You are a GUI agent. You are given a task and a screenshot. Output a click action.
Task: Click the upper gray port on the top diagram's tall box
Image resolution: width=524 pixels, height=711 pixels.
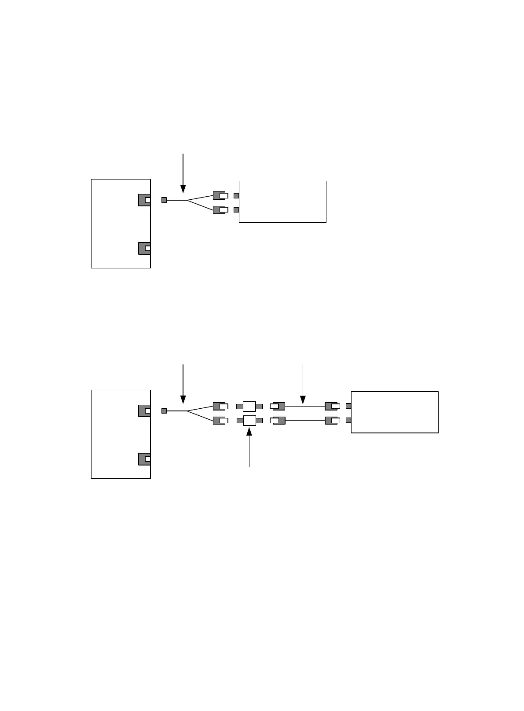(144, 200)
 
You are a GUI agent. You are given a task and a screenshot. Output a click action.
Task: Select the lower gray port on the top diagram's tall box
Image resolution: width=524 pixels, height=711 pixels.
(144, 248)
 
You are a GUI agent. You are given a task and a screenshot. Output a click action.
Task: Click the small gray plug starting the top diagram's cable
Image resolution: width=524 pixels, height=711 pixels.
(164, 200)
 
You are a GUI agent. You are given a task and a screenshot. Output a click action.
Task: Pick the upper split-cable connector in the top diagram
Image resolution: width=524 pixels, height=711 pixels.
(220, 195)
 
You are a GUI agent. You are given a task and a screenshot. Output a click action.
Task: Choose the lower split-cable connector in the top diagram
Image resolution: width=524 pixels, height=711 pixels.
(220, 209)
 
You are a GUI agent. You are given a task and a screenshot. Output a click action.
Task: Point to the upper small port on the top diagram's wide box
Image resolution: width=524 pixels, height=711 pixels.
(236, 195)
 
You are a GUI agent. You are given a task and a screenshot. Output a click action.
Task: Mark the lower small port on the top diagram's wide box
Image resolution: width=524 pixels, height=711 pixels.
(236, 209)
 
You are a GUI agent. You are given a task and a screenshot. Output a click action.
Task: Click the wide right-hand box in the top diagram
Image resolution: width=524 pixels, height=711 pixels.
(282, 202)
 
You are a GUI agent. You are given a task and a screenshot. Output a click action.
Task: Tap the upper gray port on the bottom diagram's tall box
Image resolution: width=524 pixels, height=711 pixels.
(144, 410)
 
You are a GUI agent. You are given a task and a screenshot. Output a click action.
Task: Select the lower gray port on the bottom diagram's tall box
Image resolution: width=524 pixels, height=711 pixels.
(144, 459)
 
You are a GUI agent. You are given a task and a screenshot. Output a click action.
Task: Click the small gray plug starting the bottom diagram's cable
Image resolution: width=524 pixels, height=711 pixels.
(164, 411)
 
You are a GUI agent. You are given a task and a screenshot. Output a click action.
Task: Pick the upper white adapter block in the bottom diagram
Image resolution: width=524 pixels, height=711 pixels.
(249, 406)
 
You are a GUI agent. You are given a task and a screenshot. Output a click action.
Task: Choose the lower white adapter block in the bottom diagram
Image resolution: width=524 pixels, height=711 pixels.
(249, 420)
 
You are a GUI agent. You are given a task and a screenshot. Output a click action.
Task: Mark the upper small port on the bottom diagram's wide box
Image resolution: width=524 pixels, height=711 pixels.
(348, 406)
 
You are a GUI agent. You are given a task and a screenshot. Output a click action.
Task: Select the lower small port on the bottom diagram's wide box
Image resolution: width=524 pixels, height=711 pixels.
(348, 420)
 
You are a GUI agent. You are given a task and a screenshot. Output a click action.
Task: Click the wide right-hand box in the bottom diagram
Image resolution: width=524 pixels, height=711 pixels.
(395, 412)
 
